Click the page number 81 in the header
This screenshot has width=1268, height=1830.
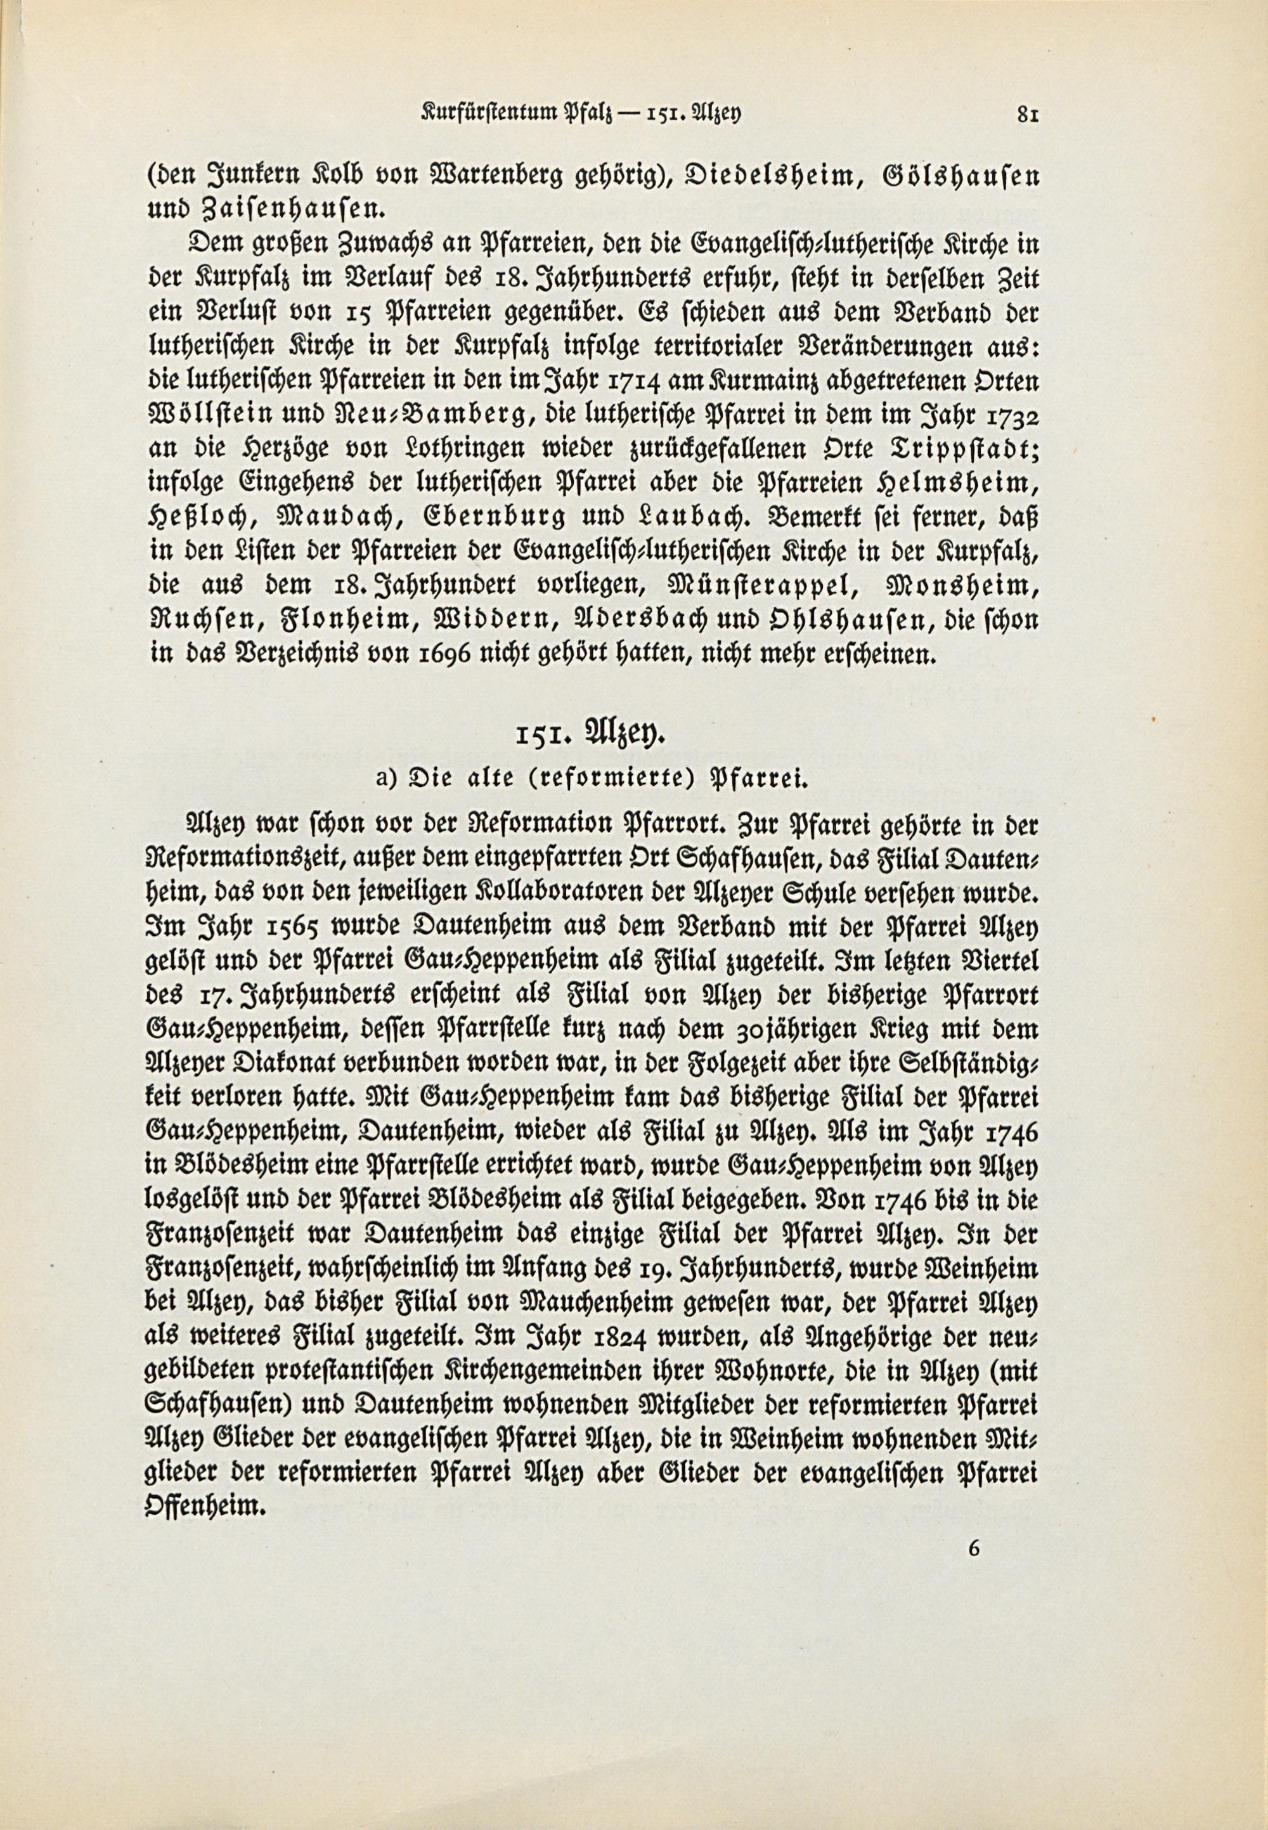(1028, 114)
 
